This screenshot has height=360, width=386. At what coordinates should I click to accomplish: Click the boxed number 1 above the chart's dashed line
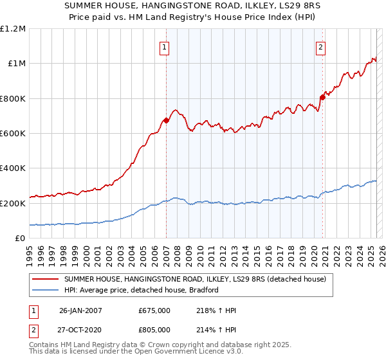point(165,46)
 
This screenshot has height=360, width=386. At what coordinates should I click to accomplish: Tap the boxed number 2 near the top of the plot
point(320,46)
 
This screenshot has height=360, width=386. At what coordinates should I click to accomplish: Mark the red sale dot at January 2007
point(166,120)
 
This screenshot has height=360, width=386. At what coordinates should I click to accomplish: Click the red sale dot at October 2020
point(322,98)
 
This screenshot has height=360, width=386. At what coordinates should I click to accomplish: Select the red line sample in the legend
point(46,279)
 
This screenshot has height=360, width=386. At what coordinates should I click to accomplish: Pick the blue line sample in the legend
point(46,290)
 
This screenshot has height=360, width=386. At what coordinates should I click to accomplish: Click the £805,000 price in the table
point(154,329)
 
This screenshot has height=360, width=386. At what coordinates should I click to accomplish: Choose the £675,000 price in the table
point(154,310)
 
